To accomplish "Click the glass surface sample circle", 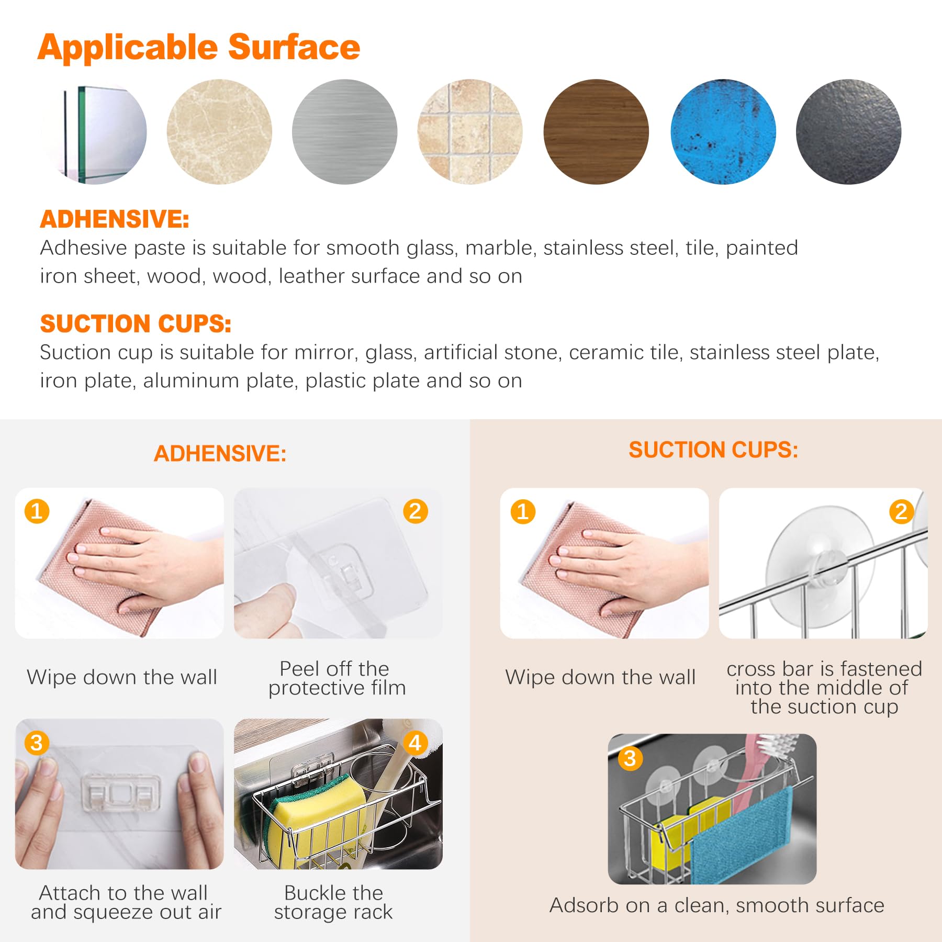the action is (94, 132).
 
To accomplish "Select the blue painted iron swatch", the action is (723, 132).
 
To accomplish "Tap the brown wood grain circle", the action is (596, 132).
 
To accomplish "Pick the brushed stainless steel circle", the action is (345, 132).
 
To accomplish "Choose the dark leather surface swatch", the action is (848, 132).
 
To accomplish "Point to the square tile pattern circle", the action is (470, 132).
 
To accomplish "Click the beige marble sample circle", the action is (219, 132).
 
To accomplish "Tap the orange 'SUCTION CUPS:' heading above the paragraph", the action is (136, 324).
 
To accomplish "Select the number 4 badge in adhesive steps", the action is (416, 743).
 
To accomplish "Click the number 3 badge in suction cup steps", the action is (630, 758).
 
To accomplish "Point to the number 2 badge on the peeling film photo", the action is (416, 511).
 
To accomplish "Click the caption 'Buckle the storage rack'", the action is (333, 902).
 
